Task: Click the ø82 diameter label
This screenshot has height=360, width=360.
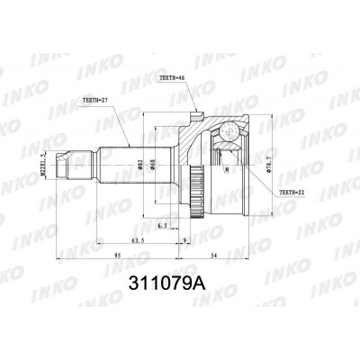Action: click(140, 164)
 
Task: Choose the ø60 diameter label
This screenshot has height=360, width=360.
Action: click(153, 164)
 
